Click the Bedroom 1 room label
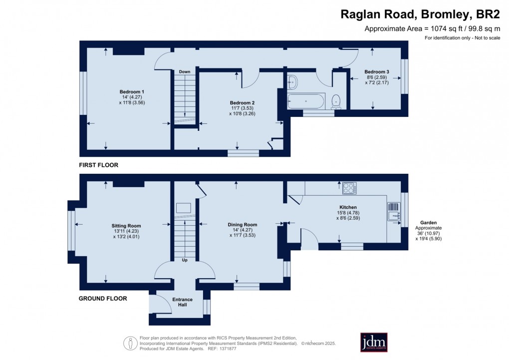coord(132,91)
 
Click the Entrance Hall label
coord(182,302)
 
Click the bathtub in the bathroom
coord(306,101)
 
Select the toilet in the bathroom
coord(337,101)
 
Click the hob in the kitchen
coord(349,189)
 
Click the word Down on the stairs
coord(185,72)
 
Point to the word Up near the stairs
coord(185,260)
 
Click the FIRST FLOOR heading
coord(98,165)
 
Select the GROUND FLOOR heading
coord(103,299)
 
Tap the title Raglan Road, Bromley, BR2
coord(420,14)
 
